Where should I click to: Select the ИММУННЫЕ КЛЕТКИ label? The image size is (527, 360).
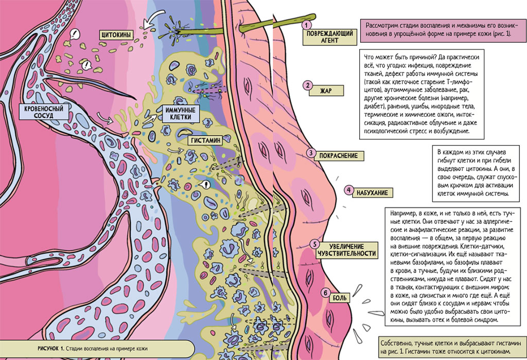click(x=179, y=113)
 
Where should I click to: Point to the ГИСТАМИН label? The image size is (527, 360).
click(x=205, y=140)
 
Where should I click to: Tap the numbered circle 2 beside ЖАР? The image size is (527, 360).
click(x=307, y=85)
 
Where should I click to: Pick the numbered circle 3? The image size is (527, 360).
click(x=311, y=153)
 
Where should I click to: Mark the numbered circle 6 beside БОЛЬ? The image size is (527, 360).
click(x=325, y=293)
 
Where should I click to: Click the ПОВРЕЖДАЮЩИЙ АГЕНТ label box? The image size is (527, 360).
click(x=329, y=37)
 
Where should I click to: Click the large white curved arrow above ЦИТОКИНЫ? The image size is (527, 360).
click(x=152, y=21)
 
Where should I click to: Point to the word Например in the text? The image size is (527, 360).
click(x=404, y=212)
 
